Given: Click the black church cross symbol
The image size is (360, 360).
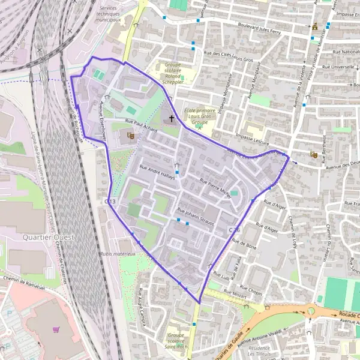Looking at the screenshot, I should tap(172, 118).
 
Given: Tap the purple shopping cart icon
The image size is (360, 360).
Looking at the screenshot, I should tap(56, 329).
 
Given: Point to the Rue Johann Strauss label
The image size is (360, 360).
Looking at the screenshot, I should tap(196, 217).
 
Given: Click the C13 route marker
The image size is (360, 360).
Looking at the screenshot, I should tap(110, 202).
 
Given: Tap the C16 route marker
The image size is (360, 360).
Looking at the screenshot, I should tap(235, 230).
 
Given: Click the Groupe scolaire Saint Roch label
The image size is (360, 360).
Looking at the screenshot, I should tap(176, 340).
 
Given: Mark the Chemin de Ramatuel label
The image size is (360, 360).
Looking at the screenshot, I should tap(24, 283).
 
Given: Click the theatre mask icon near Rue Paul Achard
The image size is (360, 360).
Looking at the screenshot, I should tap(131, 136).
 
